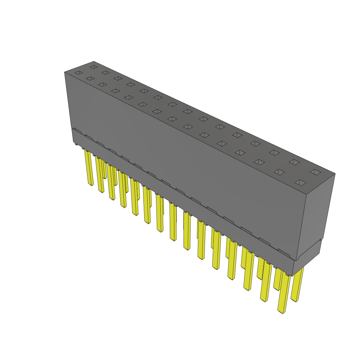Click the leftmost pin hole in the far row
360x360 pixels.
tap(94, 67)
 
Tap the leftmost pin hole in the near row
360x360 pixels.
tap(78, 73)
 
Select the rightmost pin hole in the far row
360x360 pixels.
tap(315, 172)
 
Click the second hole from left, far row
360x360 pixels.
tap(105, 73)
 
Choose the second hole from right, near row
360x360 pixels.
tap(279, 172)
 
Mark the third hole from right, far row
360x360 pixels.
tap(274, 153)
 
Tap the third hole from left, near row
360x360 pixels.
tap(102, 84)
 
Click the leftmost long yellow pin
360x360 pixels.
tap(89, 167)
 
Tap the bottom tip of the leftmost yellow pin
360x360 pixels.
tap(91, 184)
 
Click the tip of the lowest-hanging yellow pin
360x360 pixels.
tap(281, 311)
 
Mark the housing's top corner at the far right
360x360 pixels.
tap(335, 173)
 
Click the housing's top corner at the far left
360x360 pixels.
tap(65, 72)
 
